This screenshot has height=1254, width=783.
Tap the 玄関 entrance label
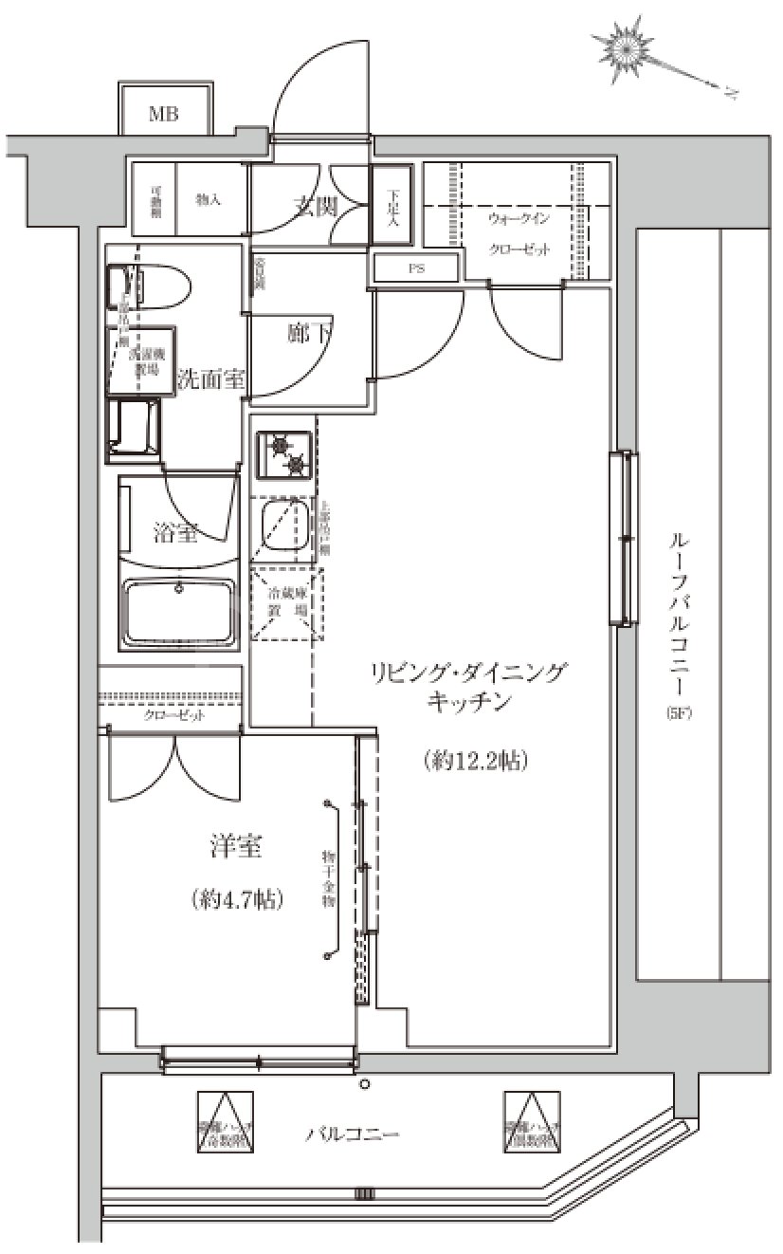(x=314, y=205)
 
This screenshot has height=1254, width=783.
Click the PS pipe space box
(x=416, y=268)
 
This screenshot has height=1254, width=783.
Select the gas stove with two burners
(x=284, y=454)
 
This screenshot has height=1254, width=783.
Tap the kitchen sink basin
(x=281, y=527)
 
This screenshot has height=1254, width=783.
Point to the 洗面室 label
(x=211, y=380)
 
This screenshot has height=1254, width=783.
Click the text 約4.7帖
(x=237, y=897)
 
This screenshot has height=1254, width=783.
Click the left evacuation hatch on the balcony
(x=226, y=1121)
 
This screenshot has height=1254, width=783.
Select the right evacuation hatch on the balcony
(x=532, y=1121)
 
